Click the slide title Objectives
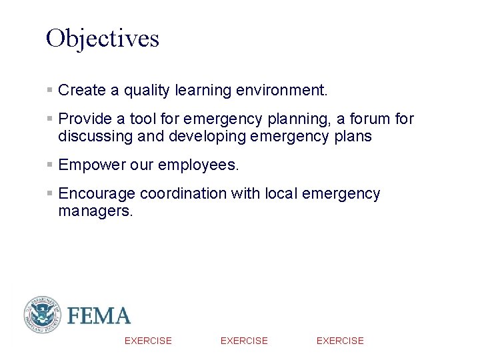coord(103,39)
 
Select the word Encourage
coord(97,194)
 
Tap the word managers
coord(95,211)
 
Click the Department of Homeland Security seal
coord(43,315)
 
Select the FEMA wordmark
coord(99,315)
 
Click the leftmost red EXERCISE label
coord(148,341)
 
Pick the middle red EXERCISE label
coord(244,341)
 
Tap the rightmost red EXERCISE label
coord(340,341)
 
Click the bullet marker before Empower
coord(50,165)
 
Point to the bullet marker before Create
coord(50,89)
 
